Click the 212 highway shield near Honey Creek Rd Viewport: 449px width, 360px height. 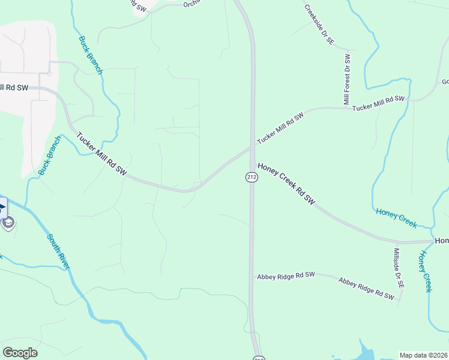coord(252,177)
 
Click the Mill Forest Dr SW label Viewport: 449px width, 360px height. coord(347,80)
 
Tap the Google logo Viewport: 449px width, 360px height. coord(20,353)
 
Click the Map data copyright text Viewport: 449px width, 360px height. coord(424,355)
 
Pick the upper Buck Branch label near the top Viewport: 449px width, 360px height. coord(91,56)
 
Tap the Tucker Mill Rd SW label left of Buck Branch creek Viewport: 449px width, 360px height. coord(14,88)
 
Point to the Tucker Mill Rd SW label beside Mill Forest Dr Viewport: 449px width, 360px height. coord(378,103)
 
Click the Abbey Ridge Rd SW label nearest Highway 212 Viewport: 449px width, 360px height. coord(286,276)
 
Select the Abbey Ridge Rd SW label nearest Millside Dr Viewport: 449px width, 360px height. coord(366,288)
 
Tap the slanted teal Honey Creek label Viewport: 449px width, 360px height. coord(396,217)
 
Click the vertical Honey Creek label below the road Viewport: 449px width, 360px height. coord(424,271)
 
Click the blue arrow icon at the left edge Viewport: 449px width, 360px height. coord(2,209)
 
